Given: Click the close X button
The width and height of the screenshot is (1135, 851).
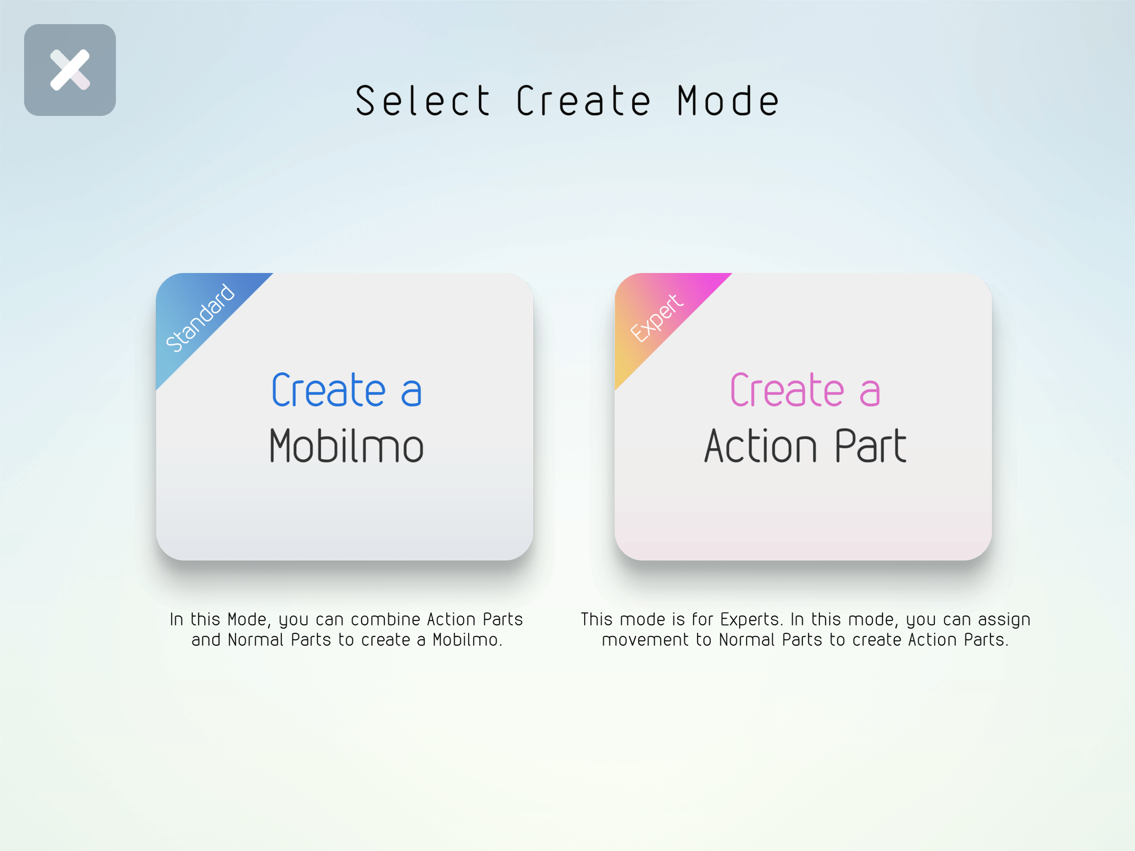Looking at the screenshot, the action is click(x=70, y=70).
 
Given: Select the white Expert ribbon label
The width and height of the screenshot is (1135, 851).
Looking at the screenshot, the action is click(x=657, y=318).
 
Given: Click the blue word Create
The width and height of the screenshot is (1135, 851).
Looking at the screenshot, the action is click(x=328, y=390).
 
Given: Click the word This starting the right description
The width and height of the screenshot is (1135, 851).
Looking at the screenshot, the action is click(x=597, y=620).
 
